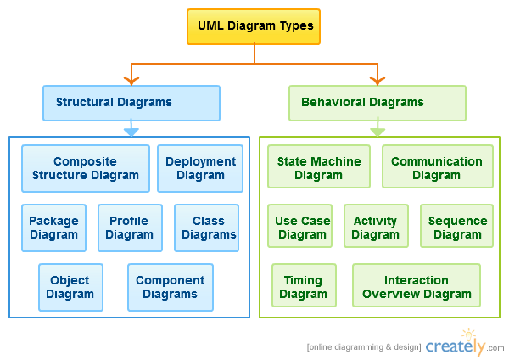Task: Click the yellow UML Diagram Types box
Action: coord(254,26)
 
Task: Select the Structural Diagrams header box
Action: coord(131,103)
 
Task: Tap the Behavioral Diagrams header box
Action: coord(378,103)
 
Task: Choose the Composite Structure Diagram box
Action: coord(86,168)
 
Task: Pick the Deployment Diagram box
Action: coord(200,168)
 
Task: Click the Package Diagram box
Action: coord(54,228)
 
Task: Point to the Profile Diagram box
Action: coord(130,228)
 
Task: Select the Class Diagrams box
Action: coord(206,228)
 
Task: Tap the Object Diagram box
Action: coord(70,287)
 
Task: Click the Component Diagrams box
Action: coord(171,287)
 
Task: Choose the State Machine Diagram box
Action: coord(319,166)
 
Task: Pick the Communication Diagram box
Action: coord(438,166)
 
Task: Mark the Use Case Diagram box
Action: coord(300,226)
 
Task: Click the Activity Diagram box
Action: coord(376,226)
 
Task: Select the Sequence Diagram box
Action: coord(456,226)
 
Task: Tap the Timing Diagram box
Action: coord(305,285)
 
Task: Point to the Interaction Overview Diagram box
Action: coord(417,285)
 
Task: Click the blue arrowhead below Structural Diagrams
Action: coord(131,132)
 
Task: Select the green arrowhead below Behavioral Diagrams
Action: coord(378,132)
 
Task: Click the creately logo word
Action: coord(455,346)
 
